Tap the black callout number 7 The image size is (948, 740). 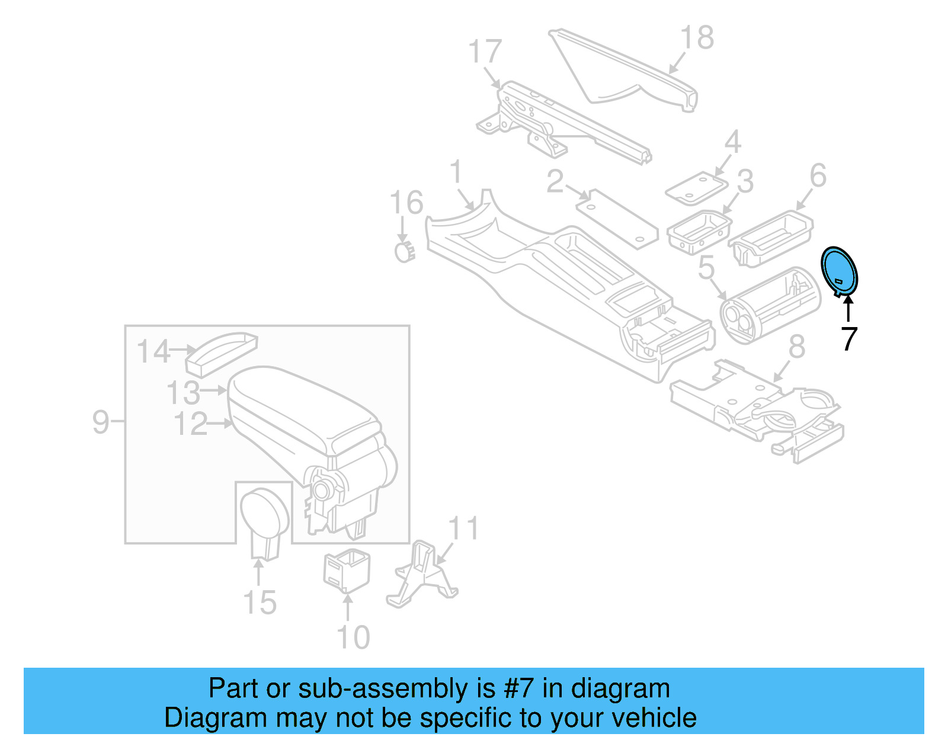pyautogui.click(x=849, y=339)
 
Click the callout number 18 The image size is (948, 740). pyautogui.click(x=697, y=38)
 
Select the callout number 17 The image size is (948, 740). pyautogui.click(x=485, y=52)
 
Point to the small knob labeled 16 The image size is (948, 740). pyautogui.click(x=405, y=252)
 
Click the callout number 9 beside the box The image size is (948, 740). pyautogui.click(x=101, y=422)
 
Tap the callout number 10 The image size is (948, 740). pyautogui.click(x=353, y=638)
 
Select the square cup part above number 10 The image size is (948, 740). pyautogui.click(x=347, y=570)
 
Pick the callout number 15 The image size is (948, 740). pyautogui.click(x=260, y=603)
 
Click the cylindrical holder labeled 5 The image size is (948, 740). pyautogui.click(x=770, y=305)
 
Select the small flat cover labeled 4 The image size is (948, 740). pyautogui.click(x=696, y=189)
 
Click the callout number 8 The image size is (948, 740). pyautogui.click(x=797, y=347)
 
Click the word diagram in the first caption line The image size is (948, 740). pyautogui.click(x=620, y=689)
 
